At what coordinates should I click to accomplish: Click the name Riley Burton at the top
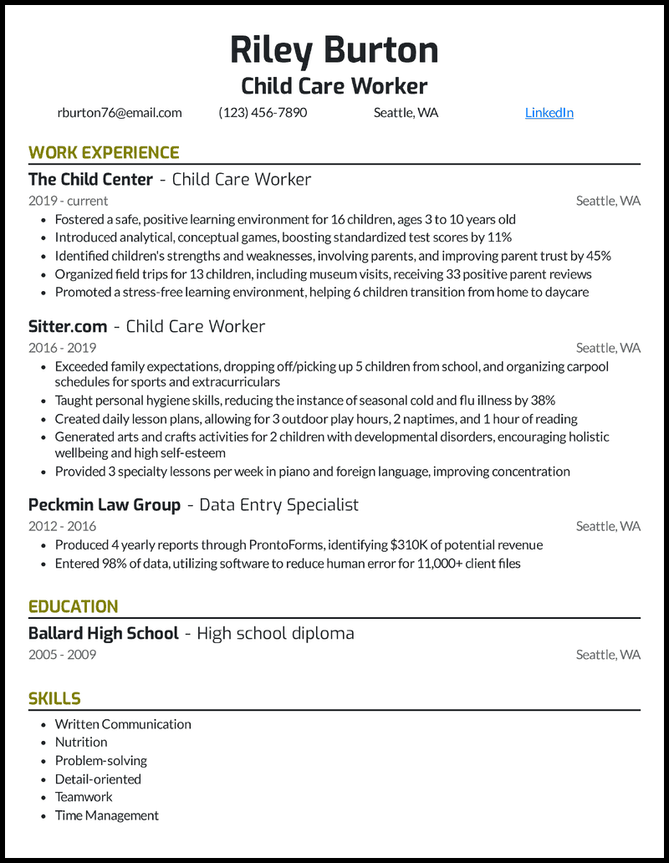[334, 50]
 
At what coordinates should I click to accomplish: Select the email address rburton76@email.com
[120, 113]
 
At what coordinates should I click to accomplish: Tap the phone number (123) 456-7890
[263, 113]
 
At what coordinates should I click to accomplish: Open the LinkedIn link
[549, 113]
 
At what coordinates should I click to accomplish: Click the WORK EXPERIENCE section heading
[104, 152]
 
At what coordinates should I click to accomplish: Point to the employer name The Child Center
[90, 179]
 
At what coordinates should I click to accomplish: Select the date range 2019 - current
[68, 201]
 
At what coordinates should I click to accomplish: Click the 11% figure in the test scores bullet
[499, 237]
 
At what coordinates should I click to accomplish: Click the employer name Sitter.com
[67, 326]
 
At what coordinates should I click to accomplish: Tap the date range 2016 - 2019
[62, 348]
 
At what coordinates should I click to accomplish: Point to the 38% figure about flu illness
[541, 401]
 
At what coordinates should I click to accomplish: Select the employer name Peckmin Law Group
[104, 504]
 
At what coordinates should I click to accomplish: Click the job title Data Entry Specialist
[278, 504]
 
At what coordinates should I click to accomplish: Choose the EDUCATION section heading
[74, 606]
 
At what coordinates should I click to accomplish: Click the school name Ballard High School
[103, 633]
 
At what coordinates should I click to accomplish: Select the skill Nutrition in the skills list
[81, 743]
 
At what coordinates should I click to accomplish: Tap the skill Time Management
[106, 815]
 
